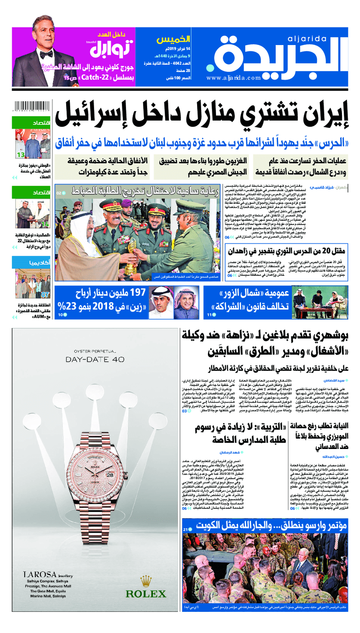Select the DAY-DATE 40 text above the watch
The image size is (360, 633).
(x=94, y=359)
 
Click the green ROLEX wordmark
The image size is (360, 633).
(x=145, y=594)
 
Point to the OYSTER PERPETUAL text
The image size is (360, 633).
(x=94, y=350)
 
